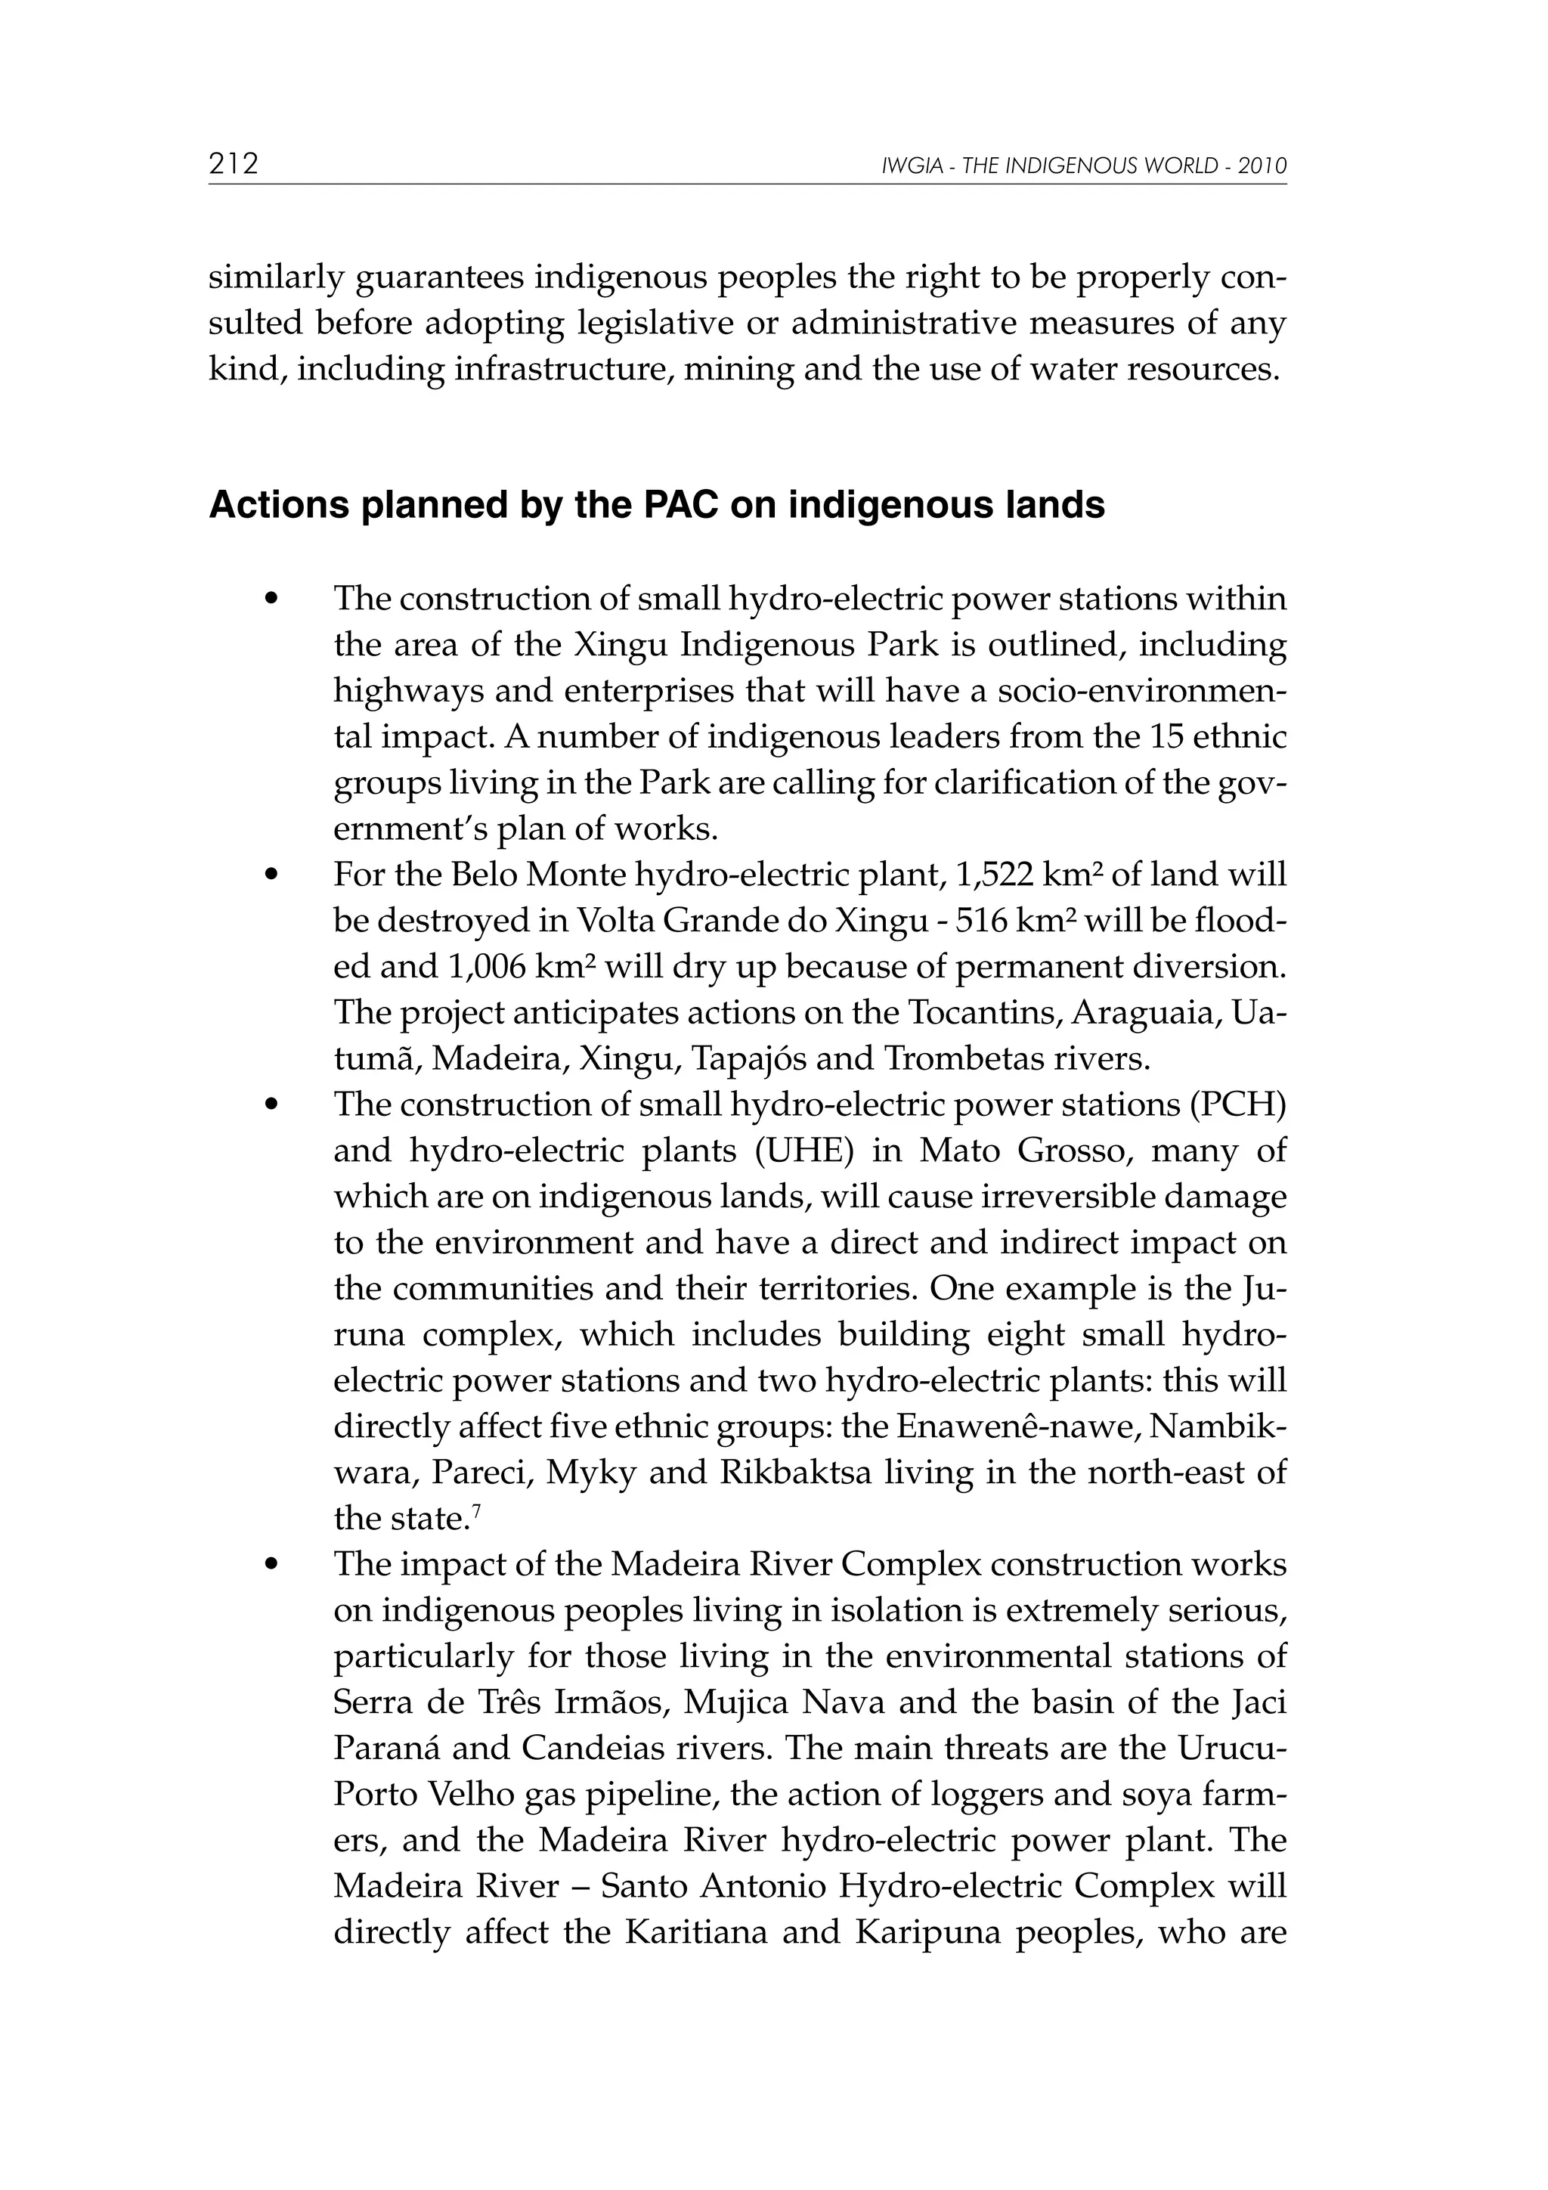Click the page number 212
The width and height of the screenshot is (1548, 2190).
pyautogui.click(x=234, y=164)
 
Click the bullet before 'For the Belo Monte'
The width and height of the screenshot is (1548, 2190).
pyautogui.click(x=273, y=875)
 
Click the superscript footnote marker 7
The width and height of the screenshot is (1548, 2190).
pyautogui.click(x=476, y=1511)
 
